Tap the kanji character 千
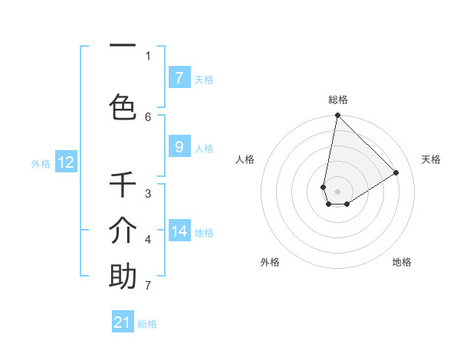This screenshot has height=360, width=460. tap(123, 185)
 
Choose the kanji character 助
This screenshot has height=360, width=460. tap(123, 277)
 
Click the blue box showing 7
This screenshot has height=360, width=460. tap(179, 78)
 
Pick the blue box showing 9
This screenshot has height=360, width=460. tap(179, 147)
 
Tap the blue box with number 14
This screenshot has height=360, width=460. tap(179, 231)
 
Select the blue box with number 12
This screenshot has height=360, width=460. tap(65, 162)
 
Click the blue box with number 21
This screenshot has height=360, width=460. tap(123, 322)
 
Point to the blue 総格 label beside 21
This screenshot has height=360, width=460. tap(147, 324)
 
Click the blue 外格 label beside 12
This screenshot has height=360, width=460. tap(40, 163)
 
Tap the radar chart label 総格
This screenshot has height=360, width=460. tap(338, 100)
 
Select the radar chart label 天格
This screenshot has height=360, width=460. tap(431, 159)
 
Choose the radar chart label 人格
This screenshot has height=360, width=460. tap(245, 159)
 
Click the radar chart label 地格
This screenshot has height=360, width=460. tap(402, 262)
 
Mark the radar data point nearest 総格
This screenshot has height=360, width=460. tap(337, 116)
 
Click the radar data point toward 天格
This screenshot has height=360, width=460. tap(396, 172)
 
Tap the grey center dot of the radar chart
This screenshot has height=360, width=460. tap(337, 191)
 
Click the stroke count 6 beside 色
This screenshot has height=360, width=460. tap(148, 116)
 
